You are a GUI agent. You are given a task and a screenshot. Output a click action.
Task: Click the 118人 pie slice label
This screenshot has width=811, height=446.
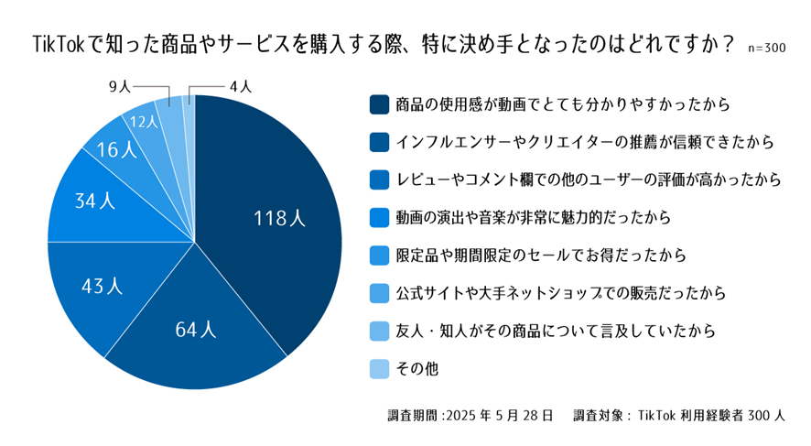coord(280,218)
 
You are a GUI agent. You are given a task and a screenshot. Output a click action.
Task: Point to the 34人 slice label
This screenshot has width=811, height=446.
coord(94,201)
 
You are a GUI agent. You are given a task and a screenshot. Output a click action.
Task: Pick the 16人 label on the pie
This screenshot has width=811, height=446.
coord(115,149)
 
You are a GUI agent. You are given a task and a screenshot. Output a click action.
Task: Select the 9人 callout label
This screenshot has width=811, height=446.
coord(120,86)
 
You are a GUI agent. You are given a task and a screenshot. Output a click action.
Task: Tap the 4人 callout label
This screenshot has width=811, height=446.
coord(240,86)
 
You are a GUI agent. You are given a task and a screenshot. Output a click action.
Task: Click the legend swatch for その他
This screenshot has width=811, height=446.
coord(378,368)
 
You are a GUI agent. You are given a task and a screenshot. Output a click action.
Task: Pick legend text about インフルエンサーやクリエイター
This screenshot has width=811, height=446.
coord(586,142)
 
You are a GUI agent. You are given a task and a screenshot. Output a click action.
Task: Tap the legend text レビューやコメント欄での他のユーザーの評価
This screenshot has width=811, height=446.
coord(588,179)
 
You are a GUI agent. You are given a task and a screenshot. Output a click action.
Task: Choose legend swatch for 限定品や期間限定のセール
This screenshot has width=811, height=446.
coord(378,255)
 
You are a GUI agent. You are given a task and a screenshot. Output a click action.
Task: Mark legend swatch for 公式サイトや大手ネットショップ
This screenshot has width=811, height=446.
coord(378,293)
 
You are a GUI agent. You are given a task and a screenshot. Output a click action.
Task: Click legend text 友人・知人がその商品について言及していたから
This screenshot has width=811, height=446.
coord(556,331)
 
